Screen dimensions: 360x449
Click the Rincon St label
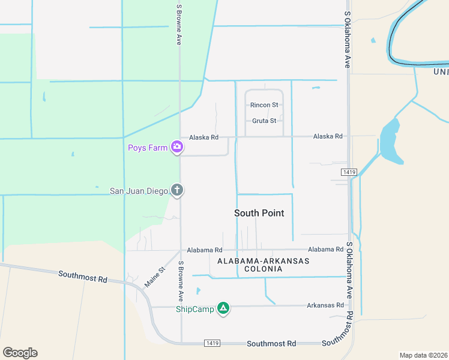coord(264,105)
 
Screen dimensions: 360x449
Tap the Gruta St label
coord(264,121)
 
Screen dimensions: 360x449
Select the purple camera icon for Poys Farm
coord(177,146)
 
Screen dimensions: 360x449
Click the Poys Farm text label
coord(147,148)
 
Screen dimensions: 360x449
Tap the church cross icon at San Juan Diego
coord(177,191)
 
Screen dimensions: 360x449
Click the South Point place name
coord(259,213)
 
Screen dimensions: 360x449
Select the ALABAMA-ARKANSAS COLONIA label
coord(263,265)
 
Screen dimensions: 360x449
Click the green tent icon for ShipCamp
coord(223,309)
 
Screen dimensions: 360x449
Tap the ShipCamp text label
coord(194,310)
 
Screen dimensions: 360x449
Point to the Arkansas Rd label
coord(325,305)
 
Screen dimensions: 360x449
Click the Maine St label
coord(154,276)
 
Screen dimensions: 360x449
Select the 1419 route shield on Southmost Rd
coord(211,343)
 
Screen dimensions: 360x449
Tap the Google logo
coord(20,353)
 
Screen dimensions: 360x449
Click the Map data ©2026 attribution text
coord(423,355)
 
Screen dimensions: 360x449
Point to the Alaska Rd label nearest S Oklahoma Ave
coord(327,137)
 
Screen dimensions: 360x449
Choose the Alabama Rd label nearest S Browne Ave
coord(205,250)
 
